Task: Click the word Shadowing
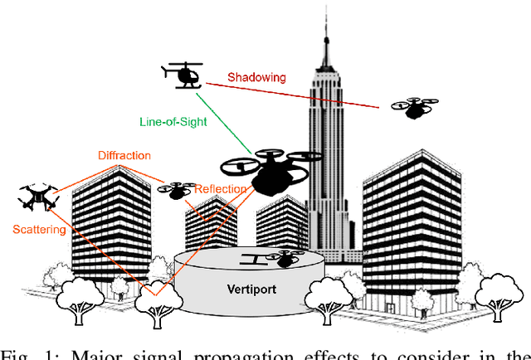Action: (258, 78)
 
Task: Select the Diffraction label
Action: (124, 155)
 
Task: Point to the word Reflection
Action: (220, 189)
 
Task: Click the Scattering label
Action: (39, 230)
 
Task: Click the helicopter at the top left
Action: (183, 75)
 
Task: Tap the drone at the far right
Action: (414, 108)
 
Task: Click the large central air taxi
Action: (270, 170)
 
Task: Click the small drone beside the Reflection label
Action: (176, 190)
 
